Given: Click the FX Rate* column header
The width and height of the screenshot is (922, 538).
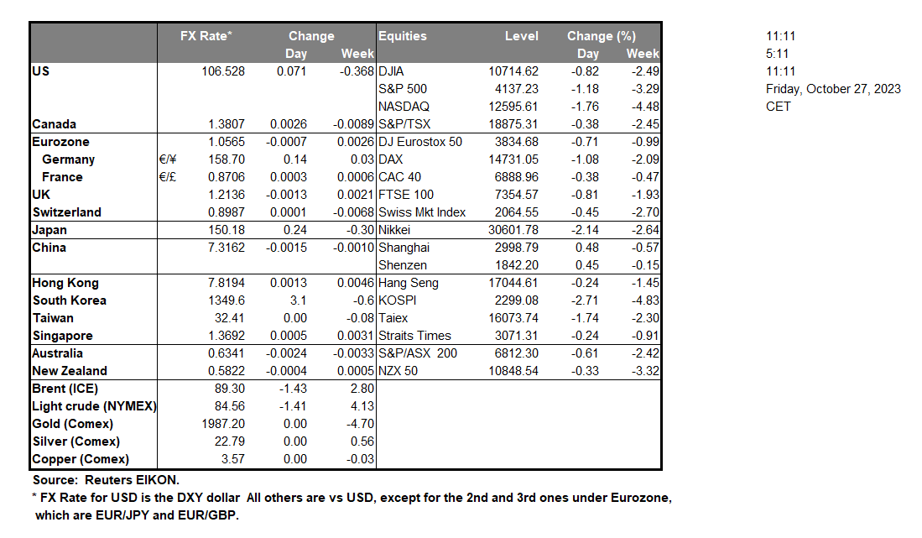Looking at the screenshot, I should tap(206, 36).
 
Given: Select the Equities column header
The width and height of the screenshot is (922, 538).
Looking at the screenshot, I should tap(403, 36).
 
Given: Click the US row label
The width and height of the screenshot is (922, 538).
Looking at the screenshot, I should tap(41, 71).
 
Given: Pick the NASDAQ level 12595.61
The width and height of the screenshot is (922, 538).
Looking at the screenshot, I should tap(513, 107).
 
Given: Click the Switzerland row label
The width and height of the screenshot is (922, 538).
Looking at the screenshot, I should tap(66, 212).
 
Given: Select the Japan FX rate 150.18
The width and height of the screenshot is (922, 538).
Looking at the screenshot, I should tap(227, 230).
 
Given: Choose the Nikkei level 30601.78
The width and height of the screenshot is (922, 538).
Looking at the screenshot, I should tap(513, 230).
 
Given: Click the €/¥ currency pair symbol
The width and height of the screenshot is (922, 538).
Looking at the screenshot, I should tap(168, 159).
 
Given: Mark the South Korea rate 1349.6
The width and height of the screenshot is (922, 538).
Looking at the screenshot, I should tap(227, 300).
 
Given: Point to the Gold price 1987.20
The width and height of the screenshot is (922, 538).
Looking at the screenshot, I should tap(224, 424).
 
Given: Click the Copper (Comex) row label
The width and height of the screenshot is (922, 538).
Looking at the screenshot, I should tap(81, 459).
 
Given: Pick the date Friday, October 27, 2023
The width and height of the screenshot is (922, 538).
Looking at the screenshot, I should tap(833, 89).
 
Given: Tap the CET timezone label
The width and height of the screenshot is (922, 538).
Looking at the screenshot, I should tap(778, 107).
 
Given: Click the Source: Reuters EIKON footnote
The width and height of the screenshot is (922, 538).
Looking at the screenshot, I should tap(105, 479).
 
